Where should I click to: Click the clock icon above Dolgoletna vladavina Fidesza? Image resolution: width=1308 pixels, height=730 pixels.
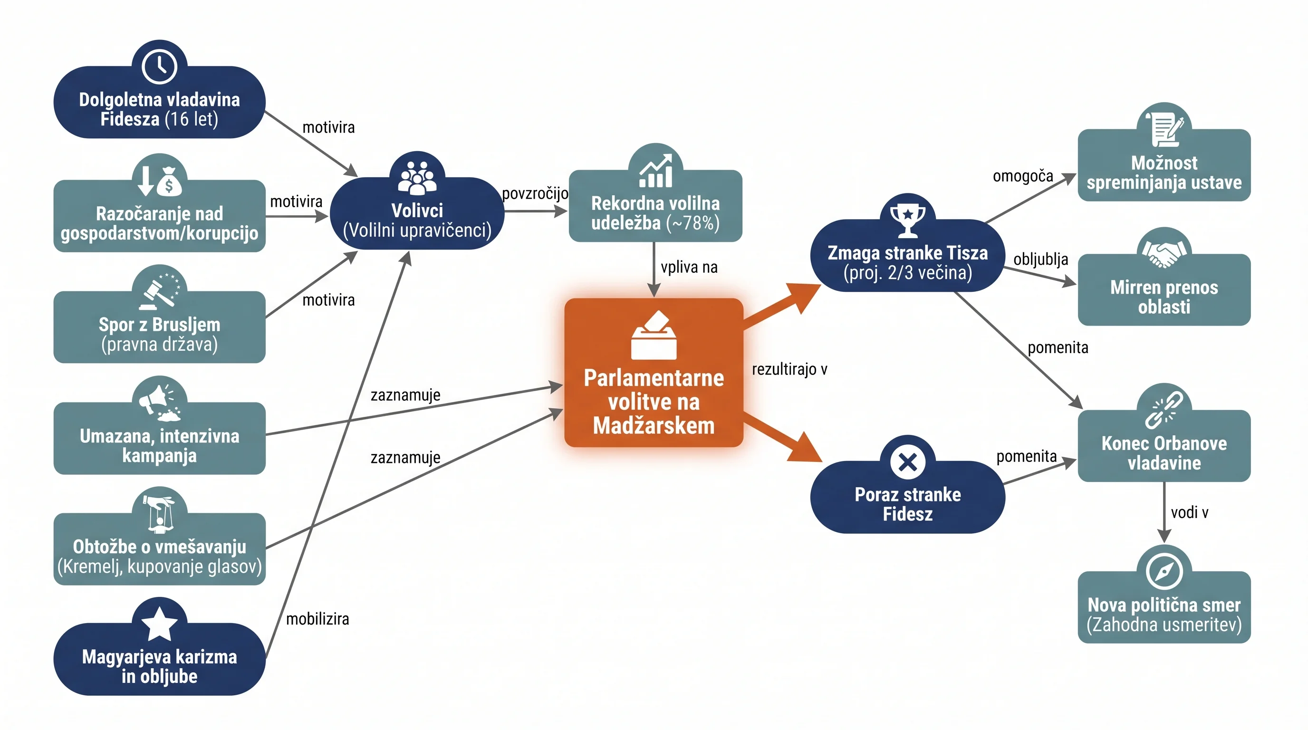(x=159, y=66)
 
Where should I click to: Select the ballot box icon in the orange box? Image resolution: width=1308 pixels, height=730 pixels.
(x=654, y=335)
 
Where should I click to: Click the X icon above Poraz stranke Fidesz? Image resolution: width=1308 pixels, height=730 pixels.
(x=907, y=462)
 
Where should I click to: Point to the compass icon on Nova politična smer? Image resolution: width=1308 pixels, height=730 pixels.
(x=1164, y=571)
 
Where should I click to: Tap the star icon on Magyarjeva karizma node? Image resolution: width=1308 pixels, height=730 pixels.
(x=159, y=624)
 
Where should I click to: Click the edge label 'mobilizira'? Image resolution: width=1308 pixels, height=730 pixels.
(x=317, y=619)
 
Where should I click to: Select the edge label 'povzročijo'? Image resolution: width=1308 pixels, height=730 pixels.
(x=535, y=193)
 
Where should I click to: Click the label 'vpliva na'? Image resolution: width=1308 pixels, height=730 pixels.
(x=689, y=267)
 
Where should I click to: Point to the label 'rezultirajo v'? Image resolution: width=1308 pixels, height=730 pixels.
(x=789, y=369)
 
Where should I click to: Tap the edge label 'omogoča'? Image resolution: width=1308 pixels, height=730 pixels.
(x=1023, y=176)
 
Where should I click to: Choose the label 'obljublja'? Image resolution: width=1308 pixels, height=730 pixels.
(x=1040, y=259)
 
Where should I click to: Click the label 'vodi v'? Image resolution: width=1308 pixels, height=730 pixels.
(x=1189, y=512)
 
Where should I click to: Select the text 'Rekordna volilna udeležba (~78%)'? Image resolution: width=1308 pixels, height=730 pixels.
(x=655, y=213)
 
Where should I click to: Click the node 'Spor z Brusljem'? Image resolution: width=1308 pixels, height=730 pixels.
(x=159, y=327)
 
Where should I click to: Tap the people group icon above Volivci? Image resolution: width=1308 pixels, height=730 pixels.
(x=417, y=178)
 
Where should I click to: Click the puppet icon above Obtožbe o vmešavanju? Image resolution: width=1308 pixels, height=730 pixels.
(x=159, y=514)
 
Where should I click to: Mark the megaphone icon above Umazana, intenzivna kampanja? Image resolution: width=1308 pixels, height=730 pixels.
(x=159, y=403)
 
